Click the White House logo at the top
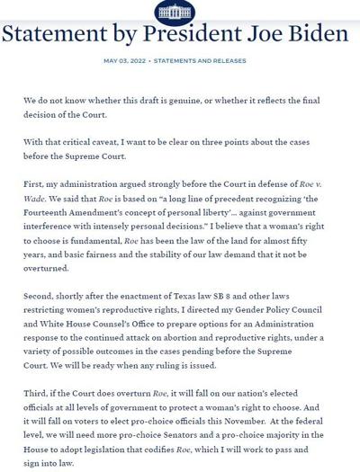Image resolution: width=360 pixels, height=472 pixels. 181,11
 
